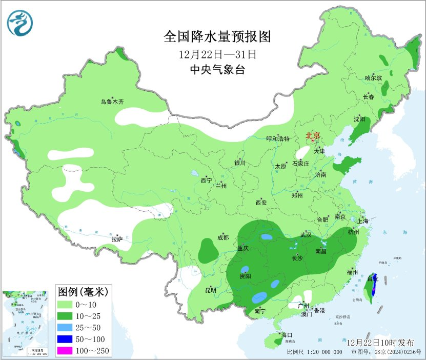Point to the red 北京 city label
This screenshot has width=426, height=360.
[313, 136]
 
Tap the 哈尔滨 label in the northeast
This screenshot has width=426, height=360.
[373, 78]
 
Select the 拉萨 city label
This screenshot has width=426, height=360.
[117, 238]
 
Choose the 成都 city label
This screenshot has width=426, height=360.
[222, 237]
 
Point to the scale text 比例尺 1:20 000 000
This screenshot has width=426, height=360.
[314, 352]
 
